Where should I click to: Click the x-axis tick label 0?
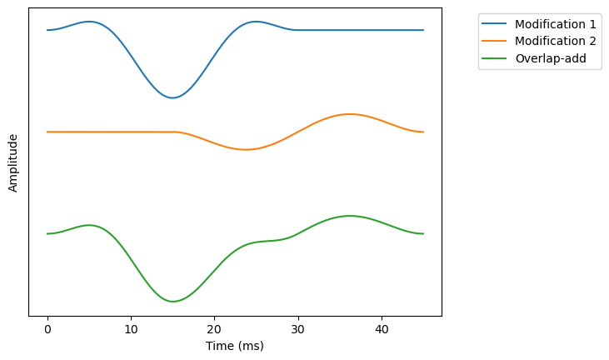(47, 328)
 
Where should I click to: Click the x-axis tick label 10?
(131, 328)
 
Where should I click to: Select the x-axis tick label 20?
(215, 328)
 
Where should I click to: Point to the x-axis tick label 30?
(298, 328)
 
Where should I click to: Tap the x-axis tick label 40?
(382, 328)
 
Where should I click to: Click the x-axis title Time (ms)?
(235, 345)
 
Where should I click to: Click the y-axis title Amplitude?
(13, 162)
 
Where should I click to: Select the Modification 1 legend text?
(556, 23)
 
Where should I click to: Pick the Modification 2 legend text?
(556, 41)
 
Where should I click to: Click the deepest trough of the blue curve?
(172, 97)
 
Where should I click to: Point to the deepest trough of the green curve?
(172, 302)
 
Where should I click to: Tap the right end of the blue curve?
(423, 30)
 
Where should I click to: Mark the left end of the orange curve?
(47, 132)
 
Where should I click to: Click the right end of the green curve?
(423, 233)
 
